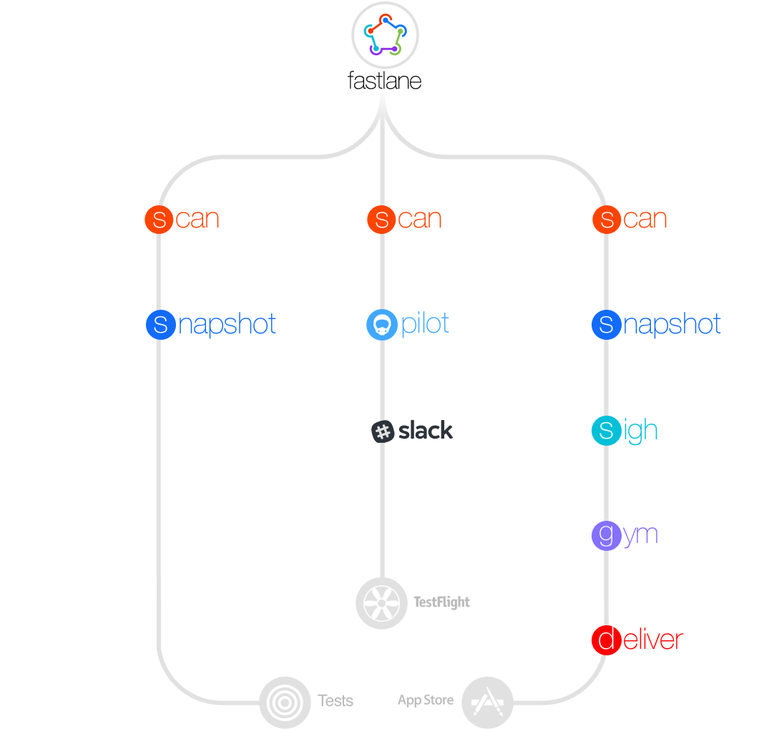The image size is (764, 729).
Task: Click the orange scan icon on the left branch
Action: click(160, 220)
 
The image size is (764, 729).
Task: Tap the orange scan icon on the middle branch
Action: click(382, 220)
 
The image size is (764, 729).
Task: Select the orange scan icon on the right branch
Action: click(607, 220)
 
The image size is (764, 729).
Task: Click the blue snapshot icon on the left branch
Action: click(161, 325)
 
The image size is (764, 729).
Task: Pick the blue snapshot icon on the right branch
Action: click(606, 325)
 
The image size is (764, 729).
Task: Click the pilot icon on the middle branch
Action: click(382, 325)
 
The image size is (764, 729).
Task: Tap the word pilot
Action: click(426, 323)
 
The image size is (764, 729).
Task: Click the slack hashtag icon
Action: click(383, 431)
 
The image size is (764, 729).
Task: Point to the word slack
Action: click(426, 431)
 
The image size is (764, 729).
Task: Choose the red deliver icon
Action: click(606, 640)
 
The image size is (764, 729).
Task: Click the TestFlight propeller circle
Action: click(382, 602)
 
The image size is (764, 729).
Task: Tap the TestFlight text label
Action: click(442, 602)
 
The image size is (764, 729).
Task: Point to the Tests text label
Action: click(336, 700)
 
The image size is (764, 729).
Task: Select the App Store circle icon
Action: click(487, 703)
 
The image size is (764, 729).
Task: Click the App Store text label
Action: click(426, 700)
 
